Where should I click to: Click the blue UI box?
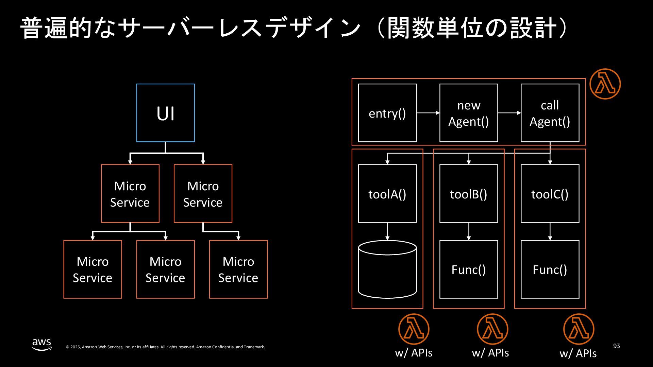click(166, 113)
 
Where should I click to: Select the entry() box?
click(387, 113)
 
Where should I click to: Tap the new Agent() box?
click(469, 113)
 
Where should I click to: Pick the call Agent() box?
click(550, 113)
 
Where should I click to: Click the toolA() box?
click(387, 194)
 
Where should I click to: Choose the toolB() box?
click(469, 194)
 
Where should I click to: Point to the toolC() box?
click(550, 194)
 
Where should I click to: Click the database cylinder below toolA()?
click(387, 269)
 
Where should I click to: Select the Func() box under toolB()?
click(469, 269)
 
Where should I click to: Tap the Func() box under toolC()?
click(550, 269)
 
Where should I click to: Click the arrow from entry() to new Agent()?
click(428, 113)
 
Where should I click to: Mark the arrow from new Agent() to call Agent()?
click(509, 113)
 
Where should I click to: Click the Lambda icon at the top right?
click(605, 84)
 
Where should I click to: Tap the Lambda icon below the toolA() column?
click(414, 329)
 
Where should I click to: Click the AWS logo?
click(42, 344)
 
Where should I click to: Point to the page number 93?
click(617, 346)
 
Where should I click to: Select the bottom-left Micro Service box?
click(93, 269)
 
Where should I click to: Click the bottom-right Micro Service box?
click(238, 269)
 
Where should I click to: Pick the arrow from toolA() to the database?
click(387, 231)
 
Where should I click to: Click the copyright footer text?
click(165, 347)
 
